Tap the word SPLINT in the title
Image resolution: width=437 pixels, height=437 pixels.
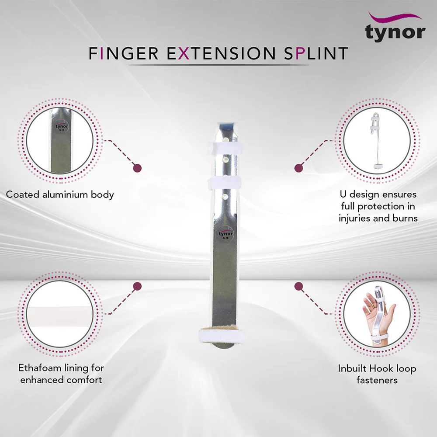click(312, 53)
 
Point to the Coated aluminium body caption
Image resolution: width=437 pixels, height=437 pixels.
click(60, 194)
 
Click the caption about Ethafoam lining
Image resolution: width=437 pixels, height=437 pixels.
click(60, 374)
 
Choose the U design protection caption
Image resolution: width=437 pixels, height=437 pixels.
click(378, 206)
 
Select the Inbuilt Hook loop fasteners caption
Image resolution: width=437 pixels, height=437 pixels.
click(377, 374)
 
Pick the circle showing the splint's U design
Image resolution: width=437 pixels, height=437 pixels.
click(377, 141)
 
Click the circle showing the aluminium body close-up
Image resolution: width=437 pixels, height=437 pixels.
click(60, 141)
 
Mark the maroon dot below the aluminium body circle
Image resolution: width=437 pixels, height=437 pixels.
click(138, 168)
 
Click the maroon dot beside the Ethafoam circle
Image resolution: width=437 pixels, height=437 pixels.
click(138, 286)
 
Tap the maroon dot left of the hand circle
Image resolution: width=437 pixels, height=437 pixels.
click(299, 286)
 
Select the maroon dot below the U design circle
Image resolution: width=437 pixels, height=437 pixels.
click(299, 168)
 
